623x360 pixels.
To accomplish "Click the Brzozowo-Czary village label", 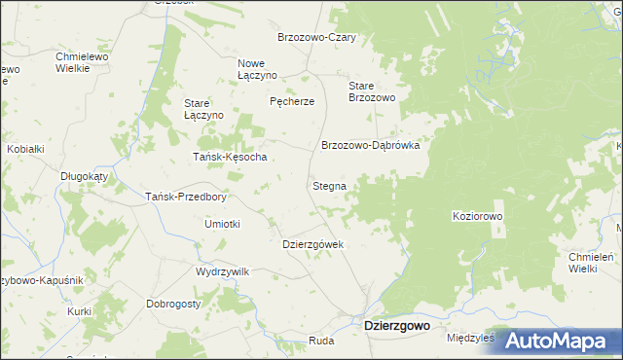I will (x=316, y=37).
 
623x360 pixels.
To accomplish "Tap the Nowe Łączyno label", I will (x=258, y=69).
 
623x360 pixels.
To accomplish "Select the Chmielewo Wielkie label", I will (x=81, y=63).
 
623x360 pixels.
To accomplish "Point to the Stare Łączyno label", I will (x=204, y=108).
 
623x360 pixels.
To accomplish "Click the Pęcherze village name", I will (x=292, y=101).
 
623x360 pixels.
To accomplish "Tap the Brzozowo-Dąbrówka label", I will (x=370, y=145).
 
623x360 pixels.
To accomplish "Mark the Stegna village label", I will (x=328, y=185).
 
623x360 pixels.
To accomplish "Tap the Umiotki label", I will (x=222, y=223).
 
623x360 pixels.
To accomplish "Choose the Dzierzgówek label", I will (x=313, y=244).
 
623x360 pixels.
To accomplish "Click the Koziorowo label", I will (x=477, y=216).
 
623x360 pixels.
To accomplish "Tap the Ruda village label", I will (x=321, y=341).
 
